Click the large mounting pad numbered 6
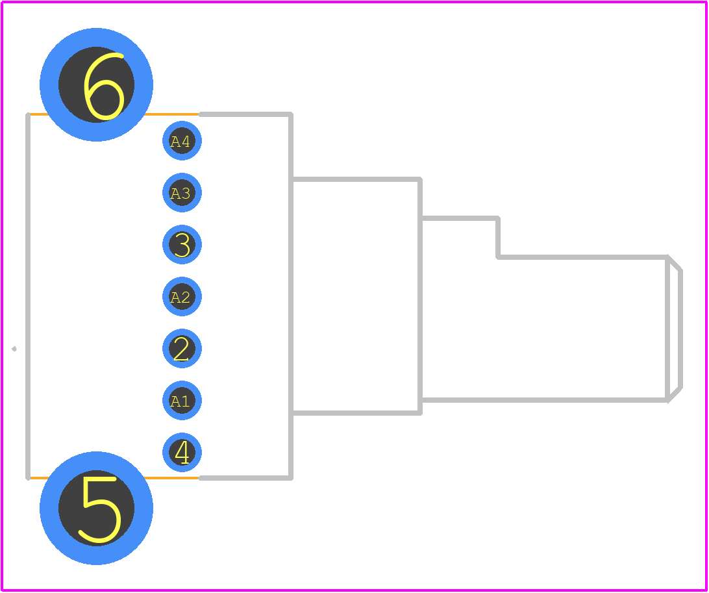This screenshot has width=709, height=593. click(x=96, y=84)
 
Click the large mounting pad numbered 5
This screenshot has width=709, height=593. click(x=96, y=508)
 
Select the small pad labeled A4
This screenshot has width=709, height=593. click(x=182, y=141)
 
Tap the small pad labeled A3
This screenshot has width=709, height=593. click(x=182, y=193)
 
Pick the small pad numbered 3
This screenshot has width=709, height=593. click(x=182, y=245)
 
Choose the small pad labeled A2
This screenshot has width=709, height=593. click(x=182, y=297)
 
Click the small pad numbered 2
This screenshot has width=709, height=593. click(x=182, y=348)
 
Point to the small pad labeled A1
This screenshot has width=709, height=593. click(x=182, y=400)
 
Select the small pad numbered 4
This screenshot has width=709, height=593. click(x=182, y=452)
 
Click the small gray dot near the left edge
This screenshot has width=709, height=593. click(x=14, y=349)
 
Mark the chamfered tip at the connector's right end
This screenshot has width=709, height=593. click(x=674, y=329)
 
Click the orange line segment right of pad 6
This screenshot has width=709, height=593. click(x=172, y=114)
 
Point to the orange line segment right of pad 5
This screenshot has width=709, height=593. click(x=172, y=477)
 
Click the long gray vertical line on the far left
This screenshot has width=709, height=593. click(x=28, y=296)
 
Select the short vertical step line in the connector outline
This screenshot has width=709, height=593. click(x=498, y=238)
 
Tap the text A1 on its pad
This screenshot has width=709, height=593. click(x=180, y=401)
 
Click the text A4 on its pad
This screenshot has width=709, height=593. click(x=180, y=142)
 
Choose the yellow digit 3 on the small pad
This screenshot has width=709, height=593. click(x=182, y=245)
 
